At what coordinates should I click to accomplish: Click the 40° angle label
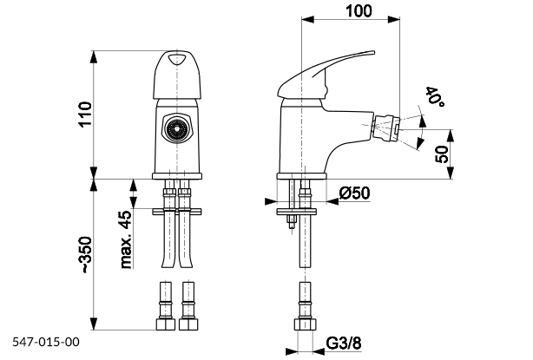click(x=433, y=98)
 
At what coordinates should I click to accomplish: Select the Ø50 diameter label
click(x=356, y=192)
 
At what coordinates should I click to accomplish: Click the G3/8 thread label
click(x=345, y=344)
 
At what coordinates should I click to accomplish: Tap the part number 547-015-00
click(x=46, y=343)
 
